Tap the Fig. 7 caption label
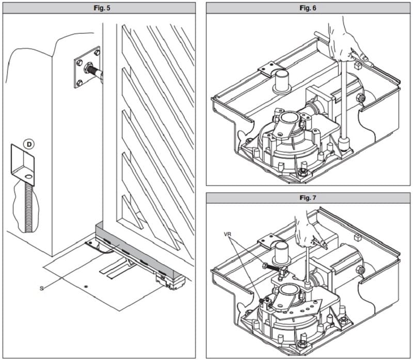pos(309,198)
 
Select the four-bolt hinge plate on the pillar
pos(87,67)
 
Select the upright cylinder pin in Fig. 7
pos(282,254)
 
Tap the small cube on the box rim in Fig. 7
pos(356,239)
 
